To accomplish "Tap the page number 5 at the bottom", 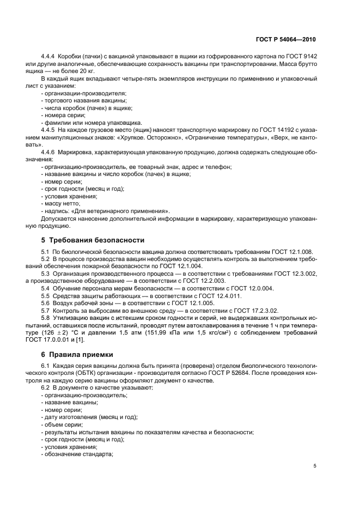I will click(x=315, y=466).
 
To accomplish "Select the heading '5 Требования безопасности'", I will click(x=93, y=240).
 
